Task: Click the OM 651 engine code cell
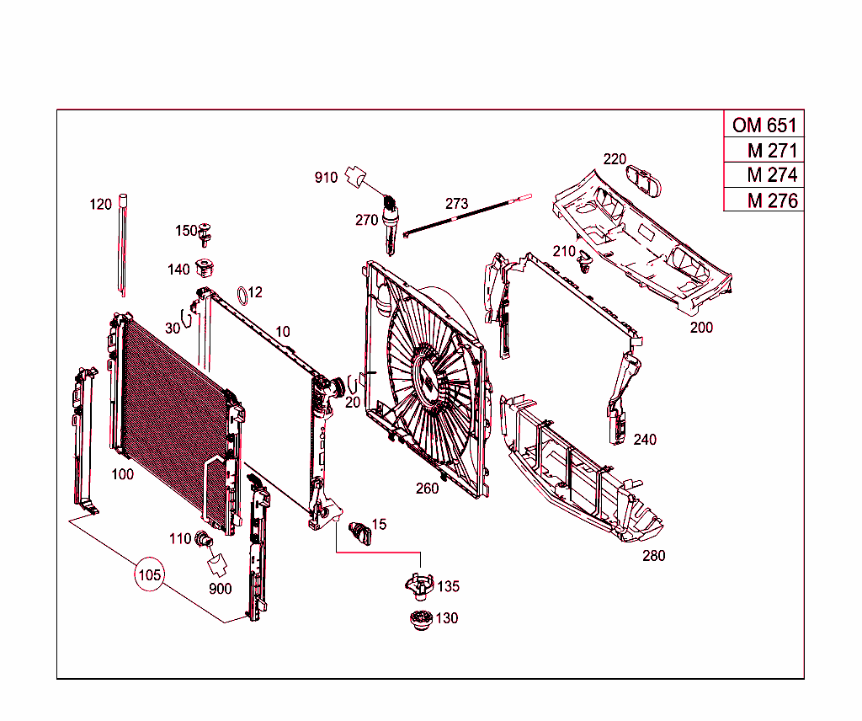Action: pyautogui.click(x=764, y=126)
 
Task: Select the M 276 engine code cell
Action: pyautogui.click(x=764, y=200)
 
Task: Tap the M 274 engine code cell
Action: pyautogui.click(x=764, y=175)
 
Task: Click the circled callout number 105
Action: pyautogui.click(x=149, y=575)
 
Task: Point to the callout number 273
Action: pyautogui.click(x=456, y=204)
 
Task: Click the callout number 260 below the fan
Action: pyautogui.click(x=427, y=489)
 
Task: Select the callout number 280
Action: pyautogui.click(x=653, y=556)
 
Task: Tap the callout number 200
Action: pyautogui.click(x=701, y=328)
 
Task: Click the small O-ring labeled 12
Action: pyautogui.click(x=241, y=294)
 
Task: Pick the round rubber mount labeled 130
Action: pyautogui.click(x=418, y=618)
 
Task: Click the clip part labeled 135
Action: pyautogui.click(x=418, y=585)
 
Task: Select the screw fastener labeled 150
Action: pyautogui.click(x=207, y=230)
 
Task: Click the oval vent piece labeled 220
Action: pyautogui.click(x=646, y=178)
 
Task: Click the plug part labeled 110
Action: pyautogui.click(x=202, y=539)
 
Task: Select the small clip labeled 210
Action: pyautogui.click(x=586, y=265)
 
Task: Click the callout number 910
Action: pyautogui.click(x=326, y=178)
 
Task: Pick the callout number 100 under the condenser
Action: pyautogui.click(x=122, y=475)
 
